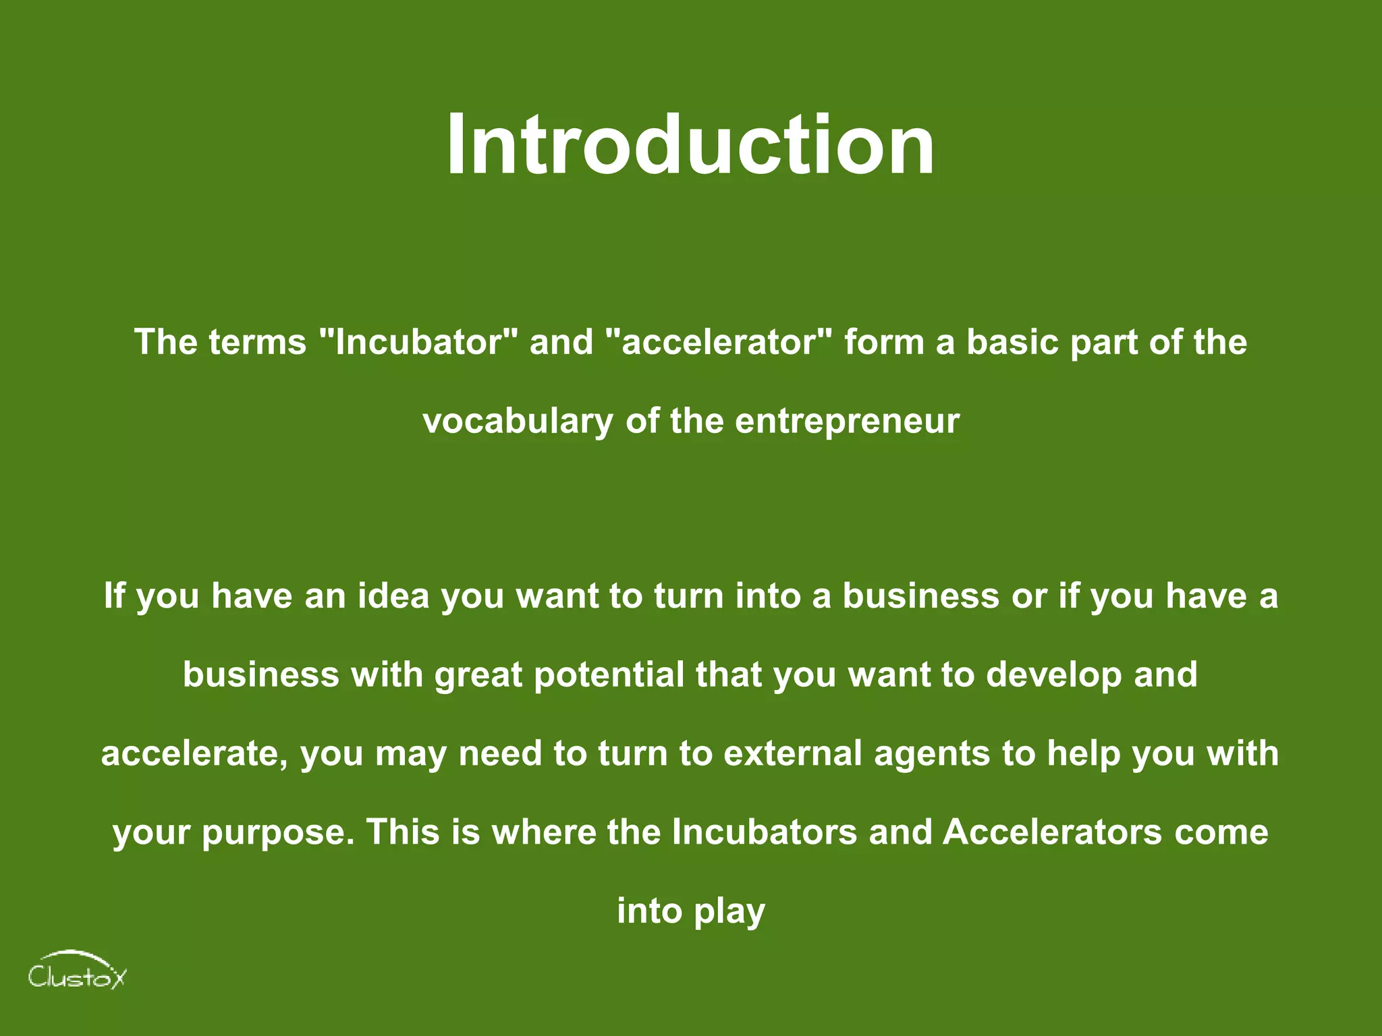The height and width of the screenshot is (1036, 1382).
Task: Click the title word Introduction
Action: [690, 144]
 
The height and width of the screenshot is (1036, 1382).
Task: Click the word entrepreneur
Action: [847, 422]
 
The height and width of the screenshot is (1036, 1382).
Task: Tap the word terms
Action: [257, 341]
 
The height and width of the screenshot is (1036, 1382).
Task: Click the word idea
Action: [393, 596]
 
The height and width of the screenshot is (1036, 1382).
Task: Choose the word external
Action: [793, 753]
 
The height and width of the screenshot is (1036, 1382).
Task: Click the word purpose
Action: [277, 832]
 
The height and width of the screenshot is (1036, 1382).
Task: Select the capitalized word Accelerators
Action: [1053, 832]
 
